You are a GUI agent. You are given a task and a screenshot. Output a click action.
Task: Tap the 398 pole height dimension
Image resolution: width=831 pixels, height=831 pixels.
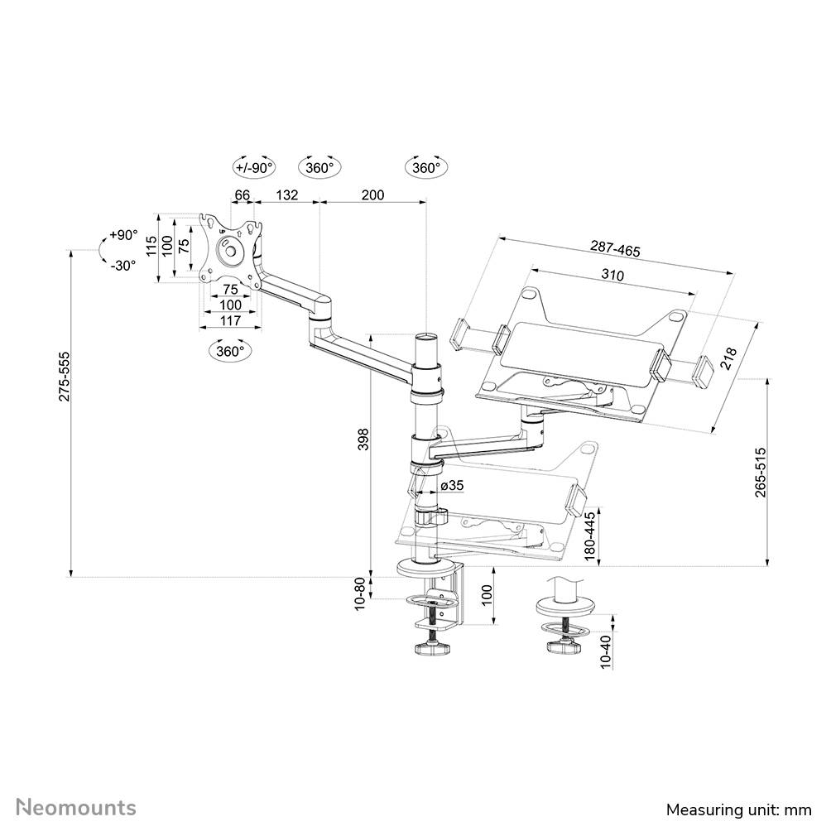click(x=363, y=440)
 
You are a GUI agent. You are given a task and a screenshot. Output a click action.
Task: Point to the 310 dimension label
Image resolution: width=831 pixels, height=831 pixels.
click(x=612, y=275)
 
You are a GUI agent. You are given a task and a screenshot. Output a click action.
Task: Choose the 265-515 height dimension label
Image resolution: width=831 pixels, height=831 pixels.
click(x=760, y=472)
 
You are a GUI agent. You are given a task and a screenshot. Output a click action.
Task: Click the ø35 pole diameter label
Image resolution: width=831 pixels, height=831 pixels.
click(x=450, y=485)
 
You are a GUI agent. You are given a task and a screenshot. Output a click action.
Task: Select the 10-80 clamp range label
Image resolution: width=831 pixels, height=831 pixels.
click(x=361, y=593)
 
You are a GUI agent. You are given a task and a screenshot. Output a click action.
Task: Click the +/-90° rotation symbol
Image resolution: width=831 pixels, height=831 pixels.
click(x=253, y=167)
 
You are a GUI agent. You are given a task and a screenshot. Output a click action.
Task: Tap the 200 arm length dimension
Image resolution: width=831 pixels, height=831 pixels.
click(x=373, y=195)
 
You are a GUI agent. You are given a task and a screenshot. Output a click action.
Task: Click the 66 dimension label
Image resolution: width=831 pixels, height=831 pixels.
click(x=242, y=195)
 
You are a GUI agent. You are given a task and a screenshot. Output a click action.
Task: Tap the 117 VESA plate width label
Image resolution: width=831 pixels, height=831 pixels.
click(x=229, y=321)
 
